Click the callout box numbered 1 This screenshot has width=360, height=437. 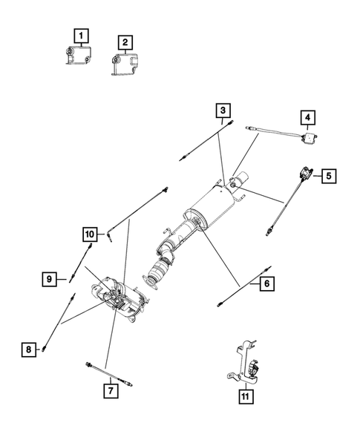(x=81, y=36)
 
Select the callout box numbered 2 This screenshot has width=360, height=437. (x=125, y=42)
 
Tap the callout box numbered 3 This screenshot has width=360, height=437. (x=223, y=111)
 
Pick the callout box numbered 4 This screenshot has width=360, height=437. (x=307, y=118)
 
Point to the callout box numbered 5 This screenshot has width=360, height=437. (x=329, y=176)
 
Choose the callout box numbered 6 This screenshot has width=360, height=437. (x=267, y=283)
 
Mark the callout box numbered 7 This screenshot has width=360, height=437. (x=111, y=391)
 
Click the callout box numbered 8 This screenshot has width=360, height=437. (x=29, y=349)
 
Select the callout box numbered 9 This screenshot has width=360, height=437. (x=49, y=279)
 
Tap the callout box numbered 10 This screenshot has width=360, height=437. (x=90, y=234)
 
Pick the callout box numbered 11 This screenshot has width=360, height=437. (x=246, y=396)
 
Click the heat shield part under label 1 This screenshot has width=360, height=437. (x=79, y=55)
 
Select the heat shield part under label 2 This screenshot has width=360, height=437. (x=125, y=64)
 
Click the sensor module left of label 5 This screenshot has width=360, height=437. (x=305, y=174)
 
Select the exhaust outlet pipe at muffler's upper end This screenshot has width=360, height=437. (x=241, y=178)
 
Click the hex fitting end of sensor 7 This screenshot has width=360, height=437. (x=89, y=364)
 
